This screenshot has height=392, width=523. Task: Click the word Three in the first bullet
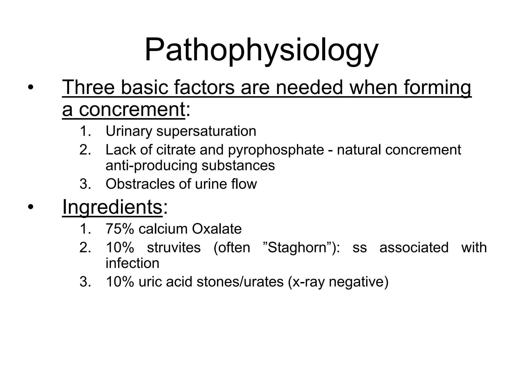pos(88,87)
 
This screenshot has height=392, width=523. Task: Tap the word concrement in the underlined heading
pos(132,109)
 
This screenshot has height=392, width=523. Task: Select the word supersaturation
pos(206,131)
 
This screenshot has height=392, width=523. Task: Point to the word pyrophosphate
pos(276,150)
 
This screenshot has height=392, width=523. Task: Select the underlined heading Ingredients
pos(112,207)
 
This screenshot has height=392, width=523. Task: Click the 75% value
pos(120,229)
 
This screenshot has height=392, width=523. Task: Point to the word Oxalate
pos(217,229)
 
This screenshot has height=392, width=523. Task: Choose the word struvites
pos(174,247)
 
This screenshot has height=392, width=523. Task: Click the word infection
pos(132,263)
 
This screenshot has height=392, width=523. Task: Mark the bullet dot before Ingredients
pos(31,207)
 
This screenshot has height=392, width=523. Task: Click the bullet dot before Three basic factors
pos(31,88)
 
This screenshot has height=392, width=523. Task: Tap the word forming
pos(437,87)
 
